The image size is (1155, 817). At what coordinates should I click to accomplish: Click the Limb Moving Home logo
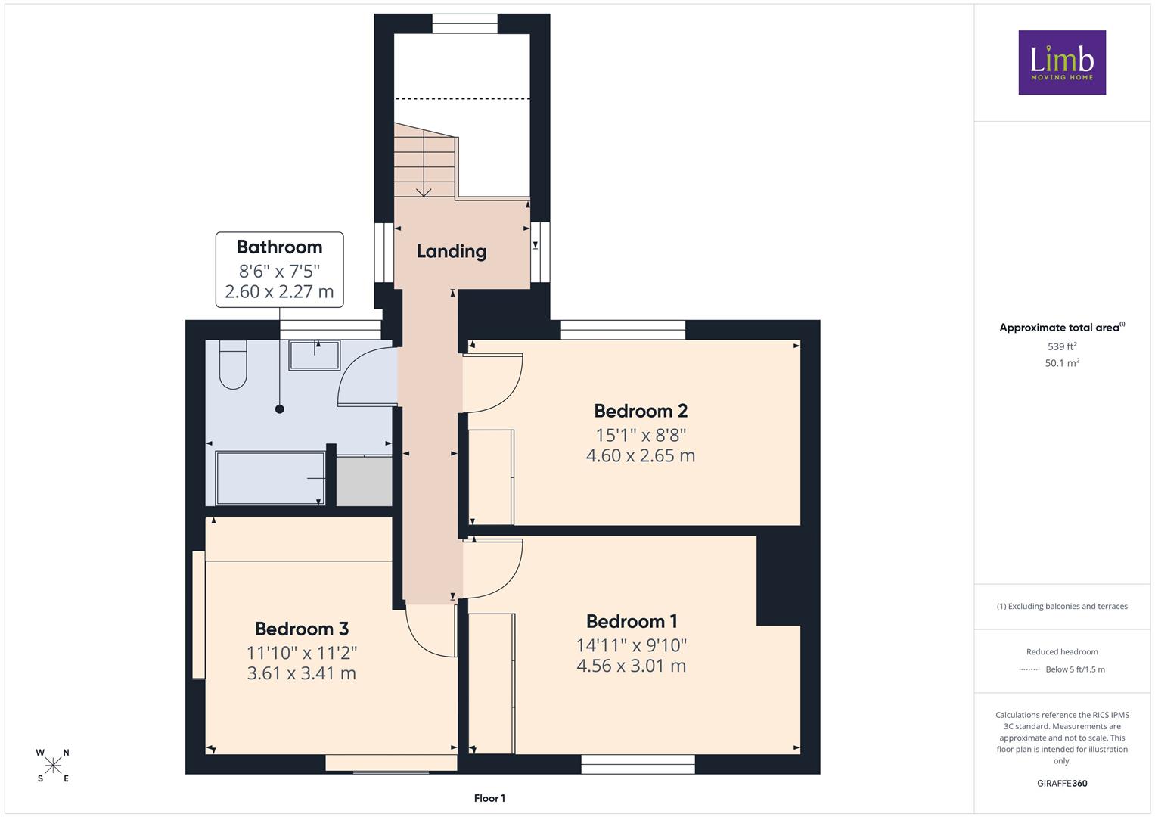(x=1062, y=62)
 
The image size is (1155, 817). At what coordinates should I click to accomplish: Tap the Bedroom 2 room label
(x=641, y=411)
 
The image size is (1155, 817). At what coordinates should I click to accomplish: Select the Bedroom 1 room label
(x=632, y=622)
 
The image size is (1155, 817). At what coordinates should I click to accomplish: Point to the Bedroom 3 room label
(x=302, y=629)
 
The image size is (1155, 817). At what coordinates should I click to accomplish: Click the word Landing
(x=451, y=252)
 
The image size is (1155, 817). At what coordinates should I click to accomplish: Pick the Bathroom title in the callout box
(x=279, y=247)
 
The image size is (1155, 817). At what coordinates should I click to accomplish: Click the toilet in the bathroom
(x=233, y=364)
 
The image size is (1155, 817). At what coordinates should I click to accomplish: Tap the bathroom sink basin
(x=315, y=355)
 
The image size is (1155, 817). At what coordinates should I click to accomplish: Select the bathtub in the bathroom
(x=270, y=478)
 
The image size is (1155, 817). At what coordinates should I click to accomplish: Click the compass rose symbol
(x=53, y=766)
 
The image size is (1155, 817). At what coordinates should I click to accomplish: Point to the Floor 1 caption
(x=489, y=798)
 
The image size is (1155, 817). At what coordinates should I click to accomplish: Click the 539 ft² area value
(x=1062, y=346)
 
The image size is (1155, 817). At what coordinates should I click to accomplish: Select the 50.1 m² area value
(x=1062, y=362)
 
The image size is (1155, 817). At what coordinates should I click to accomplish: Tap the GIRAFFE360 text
(x=1062, y=784)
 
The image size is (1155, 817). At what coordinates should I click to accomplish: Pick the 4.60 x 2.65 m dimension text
(x=641, y=456)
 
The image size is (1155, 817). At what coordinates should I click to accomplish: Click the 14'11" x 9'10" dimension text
(x=632, y=645)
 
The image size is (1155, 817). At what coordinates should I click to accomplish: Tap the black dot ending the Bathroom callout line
(x=279, y=409)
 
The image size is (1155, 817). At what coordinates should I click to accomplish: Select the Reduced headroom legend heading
(x=1062, y=652)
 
